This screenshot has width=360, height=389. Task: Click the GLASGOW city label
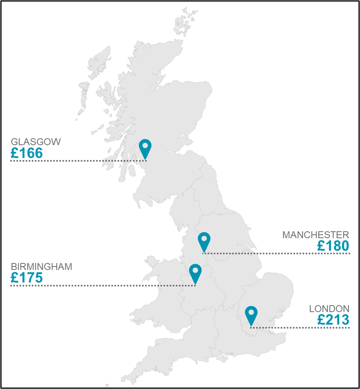point(36,142)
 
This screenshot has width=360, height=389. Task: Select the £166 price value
point(26,154)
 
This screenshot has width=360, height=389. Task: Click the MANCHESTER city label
point(316,235)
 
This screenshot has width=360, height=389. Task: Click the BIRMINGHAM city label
point(41,267)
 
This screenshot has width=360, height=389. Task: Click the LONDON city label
point(329,309)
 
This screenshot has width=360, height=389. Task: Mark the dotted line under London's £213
point(306,328)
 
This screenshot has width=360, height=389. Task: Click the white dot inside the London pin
point(251,312)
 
